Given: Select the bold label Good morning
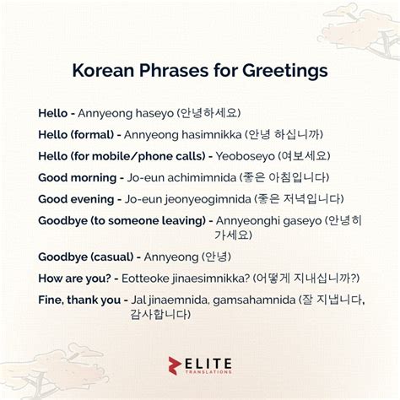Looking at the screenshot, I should [77, 178].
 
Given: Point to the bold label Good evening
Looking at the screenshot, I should [75, 199].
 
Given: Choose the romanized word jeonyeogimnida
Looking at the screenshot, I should [202, 199].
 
